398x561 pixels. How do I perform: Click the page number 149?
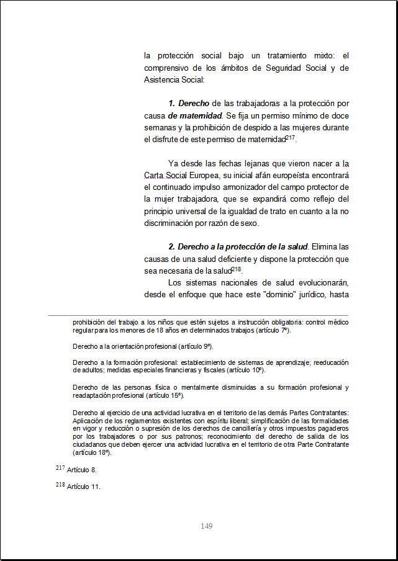click(207, 526)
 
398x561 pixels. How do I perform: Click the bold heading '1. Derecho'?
click(189, 103)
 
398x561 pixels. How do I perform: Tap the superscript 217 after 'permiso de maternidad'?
click(290, 137)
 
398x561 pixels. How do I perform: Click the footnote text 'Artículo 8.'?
click(81, 470)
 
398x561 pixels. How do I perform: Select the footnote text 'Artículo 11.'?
click(83, 487)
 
